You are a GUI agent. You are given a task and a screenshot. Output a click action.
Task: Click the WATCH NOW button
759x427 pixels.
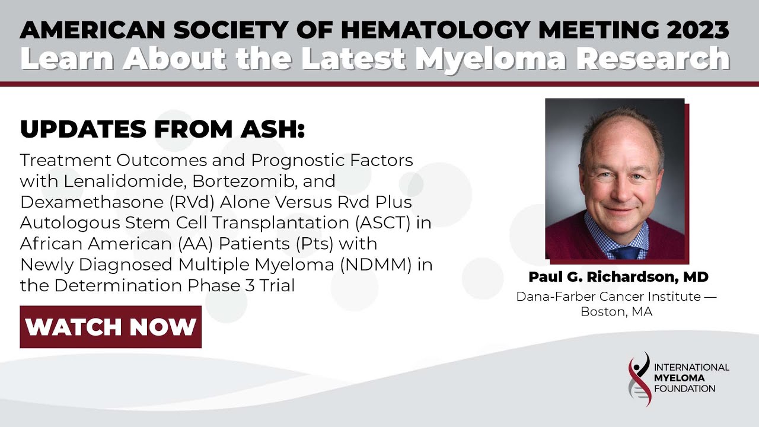(110, 327)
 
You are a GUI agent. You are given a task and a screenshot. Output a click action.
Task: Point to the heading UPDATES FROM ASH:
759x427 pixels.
(162, 129)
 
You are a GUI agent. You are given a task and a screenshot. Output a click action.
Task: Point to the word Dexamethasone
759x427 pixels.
(92, 202)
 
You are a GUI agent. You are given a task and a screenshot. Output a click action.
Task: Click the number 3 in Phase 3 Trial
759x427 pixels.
(250, 286)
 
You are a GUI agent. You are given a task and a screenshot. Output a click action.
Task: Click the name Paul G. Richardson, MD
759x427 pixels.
(618, 277)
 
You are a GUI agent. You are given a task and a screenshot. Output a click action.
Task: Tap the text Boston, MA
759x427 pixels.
(617, 312)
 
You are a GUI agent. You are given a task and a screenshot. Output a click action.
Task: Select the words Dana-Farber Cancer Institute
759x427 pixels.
(608, 297)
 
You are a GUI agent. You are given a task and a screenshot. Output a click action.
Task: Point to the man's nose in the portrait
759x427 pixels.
(622, 190)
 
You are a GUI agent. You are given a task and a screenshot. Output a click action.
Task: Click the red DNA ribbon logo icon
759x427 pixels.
(639, 379)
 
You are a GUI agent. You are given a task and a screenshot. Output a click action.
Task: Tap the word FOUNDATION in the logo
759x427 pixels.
(684, 388)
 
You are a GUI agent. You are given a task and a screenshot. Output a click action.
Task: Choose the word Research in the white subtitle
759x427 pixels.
(653, 58)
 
